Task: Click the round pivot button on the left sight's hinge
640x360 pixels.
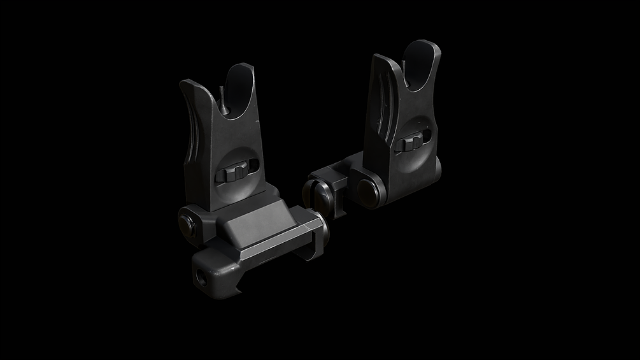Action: click(x=186, y=222)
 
